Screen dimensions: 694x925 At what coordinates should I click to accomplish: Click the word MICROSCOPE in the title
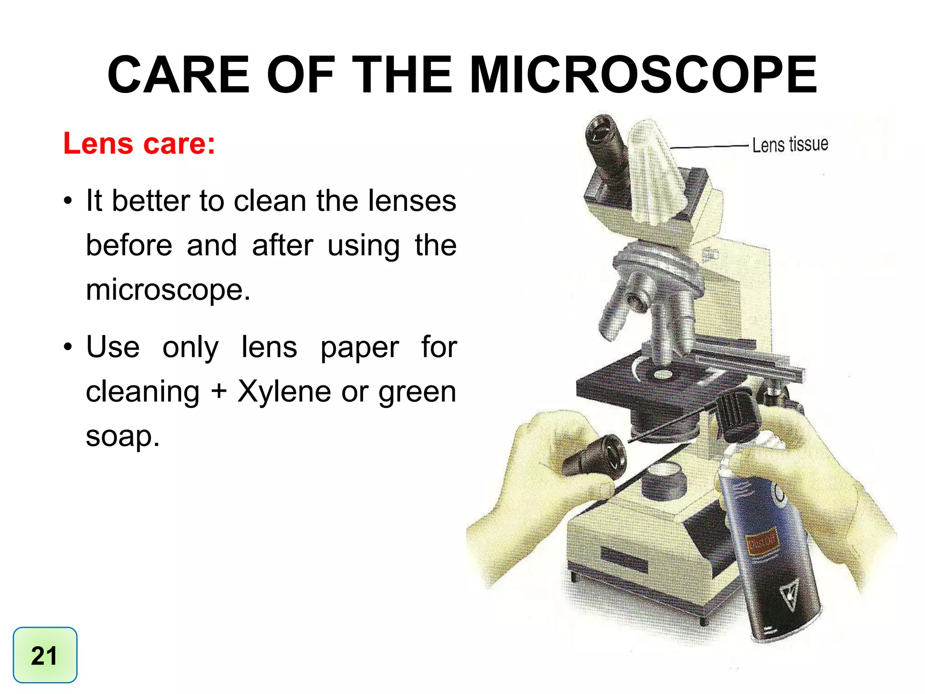point(643,75)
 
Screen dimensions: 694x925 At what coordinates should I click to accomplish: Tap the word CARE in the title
point(178,75)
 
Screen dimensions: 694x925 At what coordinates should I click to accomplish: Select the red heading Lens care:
point(139,144)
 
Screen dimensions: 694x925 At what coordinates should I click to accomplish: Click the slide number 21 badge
point(45,655)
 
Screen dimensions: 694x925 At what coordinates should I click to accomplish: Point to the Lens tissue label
point(790,145)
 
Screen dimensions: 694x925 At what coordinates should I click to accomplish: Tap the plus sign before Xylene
point(218,391)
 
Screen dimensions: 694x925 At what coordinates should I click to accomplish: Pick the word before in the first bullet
point(129,245)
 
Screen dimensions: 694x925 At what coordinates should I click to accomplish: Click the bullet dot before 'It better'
point(68,201)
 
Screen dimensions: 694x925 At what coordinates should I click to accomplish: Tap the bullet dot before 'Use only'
point(68,347)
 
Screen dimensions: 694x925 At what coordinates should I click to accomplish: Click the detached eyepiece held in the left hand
point(596,456)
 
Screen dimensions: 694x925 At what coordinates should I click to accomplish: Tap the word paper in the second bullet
point(360,348)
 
